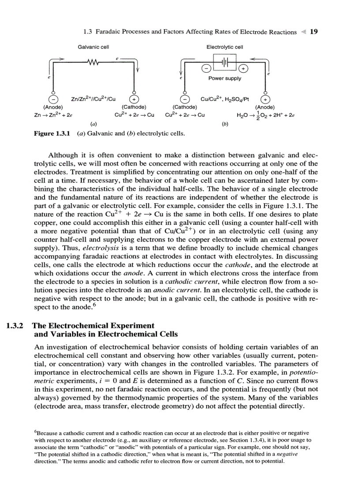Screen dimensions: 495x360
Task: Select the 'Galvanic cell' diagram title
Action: click(x=94, y=47)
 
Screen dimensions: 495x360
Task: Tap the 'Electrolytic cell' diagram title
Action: click(x=225, y=47)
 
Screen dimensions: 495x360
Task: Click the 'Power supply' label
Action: click(x=225, y=78)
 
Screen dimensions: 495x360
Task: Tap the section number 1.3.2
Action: click(x=17, y=326)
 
